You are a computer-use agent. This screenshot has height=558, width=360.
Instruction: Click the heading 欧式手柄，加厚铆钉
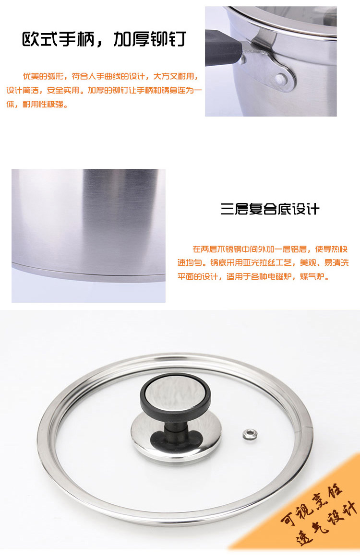point(104,39)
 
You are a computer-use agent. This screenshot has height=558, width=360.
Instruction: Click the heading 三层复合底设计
point(270,209)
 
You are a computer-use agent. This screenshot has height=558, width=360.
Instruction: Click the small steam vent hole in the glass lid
point(251,434)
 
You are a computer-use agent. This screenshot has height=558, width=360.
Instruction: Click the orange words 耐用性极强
point(43,104)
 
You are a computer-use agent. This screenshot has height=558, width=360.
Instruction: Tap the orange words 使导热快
point(332,249)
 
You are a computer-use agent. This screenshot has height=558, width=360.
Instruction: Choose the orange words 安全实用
point(63,90)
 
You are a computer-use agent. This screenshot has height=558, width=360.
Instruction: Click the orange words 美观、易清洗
point(324,262)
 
